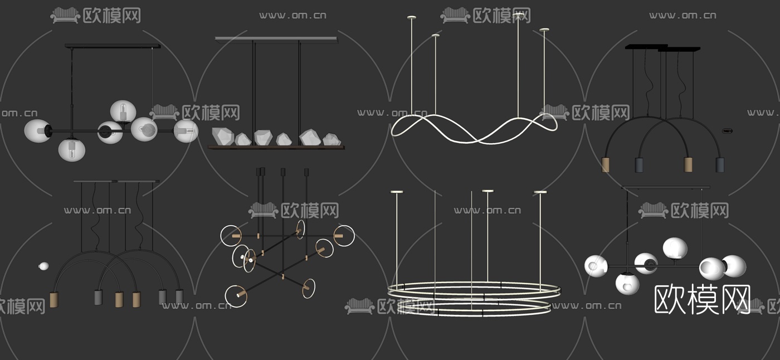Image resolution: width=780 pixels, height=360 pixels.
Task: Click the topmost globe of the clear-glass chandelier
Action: click(x=123, y=111)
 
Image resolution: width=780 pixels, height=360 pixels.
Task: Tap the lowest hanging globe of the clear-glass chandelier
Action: click(x=72, y=150)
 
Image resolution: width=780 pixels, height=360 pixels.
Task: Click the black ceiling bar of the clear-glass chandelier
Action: click(x=113, y=46)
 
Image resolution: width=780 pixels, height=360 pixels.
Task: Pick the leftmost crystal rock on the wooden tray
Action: click(x=223, y=136)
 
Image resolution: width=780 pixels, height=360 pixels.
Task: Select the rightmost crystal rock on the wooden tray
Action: click(x=331, y=139)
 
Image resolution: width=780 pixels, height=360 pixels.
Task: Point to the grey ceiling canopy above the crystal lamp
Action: click(x=277, y=38)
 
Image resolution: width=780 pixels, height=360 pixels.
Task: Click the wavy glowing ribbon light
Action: click(x=474, y=128)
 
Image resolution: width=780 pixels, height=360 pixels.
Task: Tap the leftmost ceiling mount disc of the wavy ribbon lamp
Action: click(x=412, y=17)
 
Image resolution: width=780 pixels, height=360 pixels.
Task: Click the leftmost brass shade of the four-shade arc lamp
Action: click(x=606, y=165)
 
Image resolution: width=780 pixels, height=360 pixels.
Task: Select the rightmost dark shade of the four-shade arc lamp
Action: click(x=720, y=165)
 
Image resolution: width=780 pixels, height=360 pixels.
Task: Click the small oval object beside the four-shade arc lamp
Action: click(x=728, y=131)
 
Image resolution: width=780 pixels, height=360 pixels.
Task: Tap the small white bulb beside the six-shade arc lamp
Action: click(x=43, y=266)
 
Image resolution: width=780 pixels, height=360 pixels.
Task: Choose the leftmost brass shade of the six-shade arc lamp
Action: click(x=54, y=300)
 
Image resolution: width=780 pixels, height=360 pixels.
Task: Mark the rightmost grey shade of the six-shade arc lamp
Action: click(x=179, y=297)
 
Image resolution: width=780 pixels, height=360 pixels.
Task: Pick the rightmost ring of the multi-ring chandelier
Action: click(x=344, y=236)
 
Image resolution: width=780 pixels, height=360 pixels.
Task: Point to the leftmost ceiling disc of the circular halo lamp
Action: click(x=396, y=192)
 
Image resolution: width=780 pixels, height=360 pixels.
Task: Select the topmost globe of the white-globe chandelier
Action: click(x=675, y=249)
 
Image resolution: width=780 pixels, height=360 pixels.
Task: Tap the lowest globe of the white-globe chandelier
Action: click(x=627, y=284)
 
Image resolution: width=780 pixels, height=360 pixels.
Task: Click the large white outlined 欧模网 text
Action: click(x=702, y=299)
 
